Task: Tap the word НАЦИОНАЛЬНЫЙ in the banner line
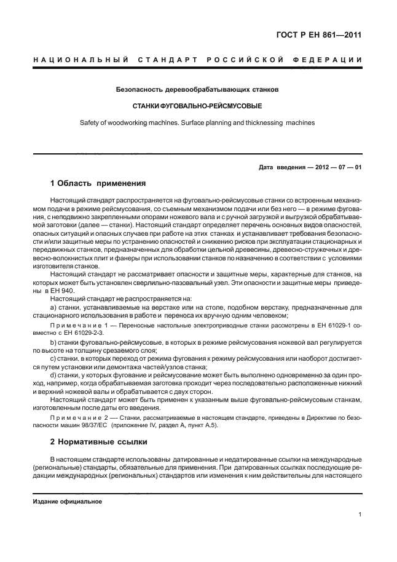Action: pos(80,60)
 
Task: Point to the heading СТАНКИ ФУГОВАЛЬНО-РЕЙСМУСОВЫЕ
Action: pos(197,106)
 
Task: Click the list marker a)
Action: pos(53,307)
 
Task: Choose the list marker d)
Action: pos(53,375)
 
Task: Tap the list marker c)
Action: pos(53,358)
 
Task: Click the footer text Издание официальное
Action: pos(67,501)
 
